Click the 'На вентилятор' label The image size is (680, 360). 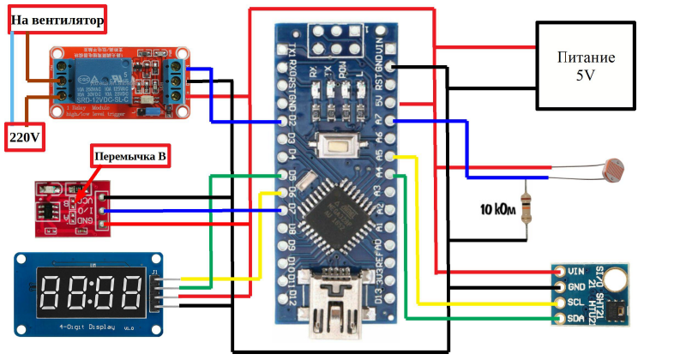(x=57, y=19)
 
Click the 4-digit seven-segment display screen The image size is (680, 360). (x=90, y=293)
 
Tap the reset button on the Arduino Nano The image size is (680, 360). (x=335, y=147)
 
